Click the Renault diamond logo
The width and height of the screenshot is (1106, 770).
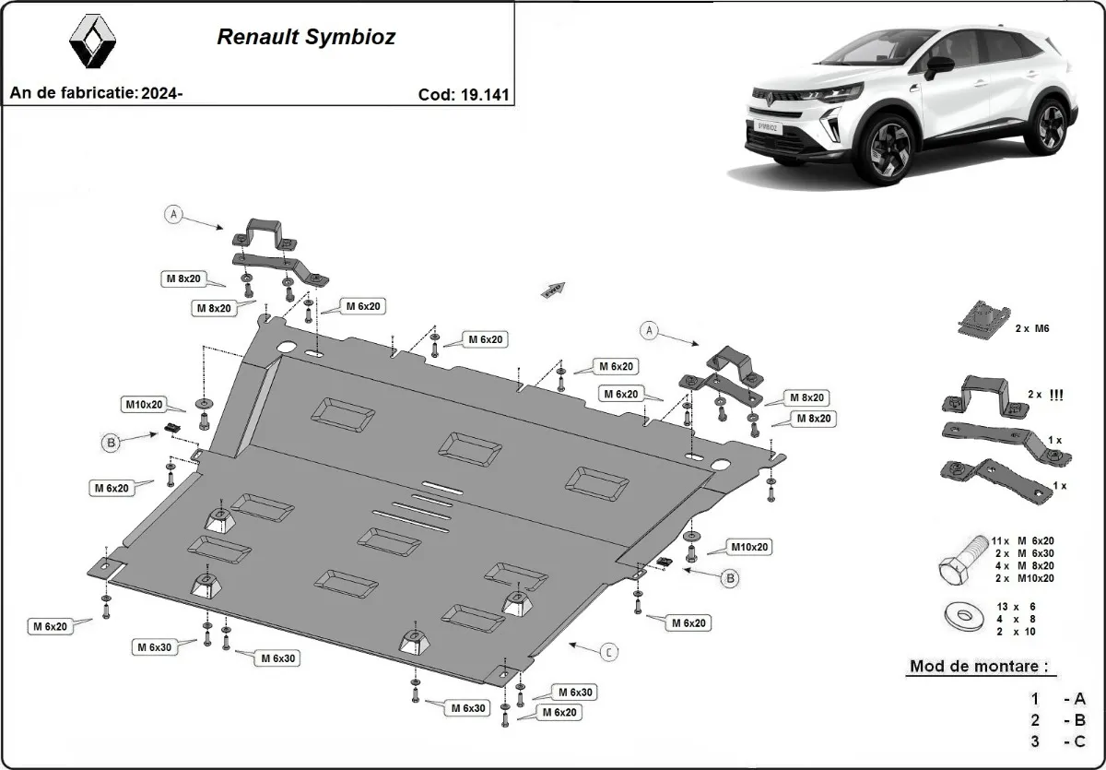coord(93,43)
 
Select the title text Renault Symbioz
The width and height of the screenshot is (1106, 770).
coord(306,38)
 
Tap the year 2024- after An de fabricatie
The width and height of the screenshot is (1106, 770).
coord(162,93)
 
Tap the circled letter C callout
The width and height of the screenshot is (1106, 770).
coord(609,652)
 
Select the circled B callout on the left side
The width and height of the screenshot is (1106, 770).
coord(111,443)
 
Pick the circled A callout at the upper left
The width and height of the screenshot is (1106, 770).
coord(172,215)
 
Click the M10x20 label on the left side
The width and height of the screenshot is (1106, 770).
coord(144,404)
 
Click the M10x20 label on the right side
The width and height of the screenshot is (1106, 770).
coord(749,547)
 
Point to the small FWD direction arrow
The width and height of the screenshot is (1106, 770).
coord(553,290)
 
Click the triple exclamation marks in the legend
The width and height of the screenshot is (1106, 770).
coord(1057,395)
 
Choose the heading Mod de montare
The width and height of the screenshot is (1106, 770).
coord(978,666)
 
